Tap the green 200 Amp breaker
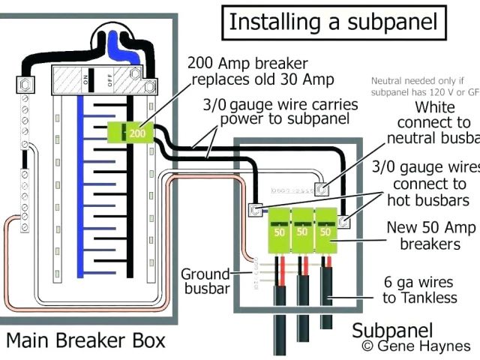coord(138,133)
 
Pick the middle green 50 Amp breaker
coord(303,231)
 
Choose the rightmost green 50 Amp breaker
coord(325,231)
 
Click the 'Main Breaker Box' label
coord(85,340)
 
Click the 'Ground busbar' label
coord(205,280)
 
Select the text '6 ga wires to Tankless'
coord(419,289)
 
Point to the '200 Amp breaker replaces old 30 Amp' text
coord(260,70)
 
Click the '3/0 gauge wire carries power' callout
coord(277,112)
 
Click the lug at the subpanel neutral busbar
coord(321,190)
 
